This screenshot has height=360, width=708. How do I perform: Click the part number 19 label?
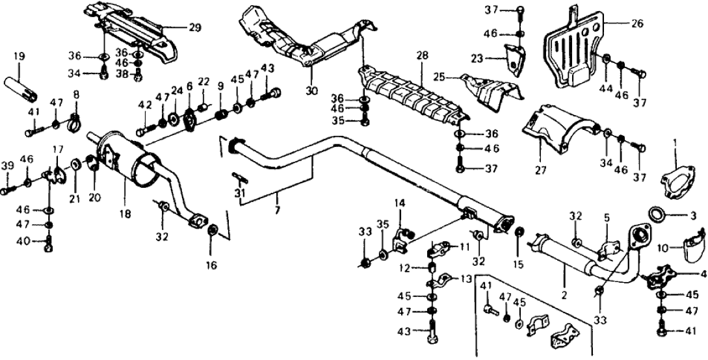click(18, 57)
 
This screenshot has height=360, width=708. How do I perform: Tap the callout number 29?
click(194, 28)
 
